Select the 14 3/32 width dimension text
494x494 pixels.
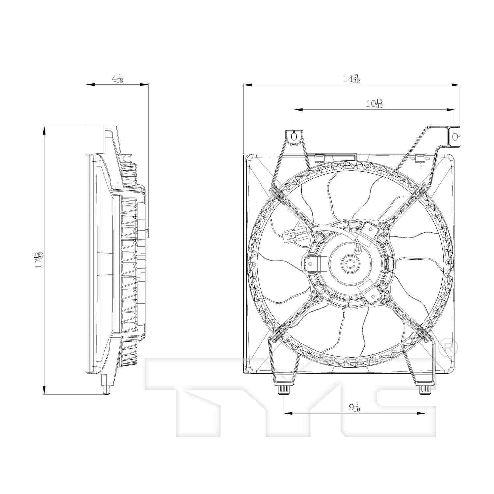point(351,79)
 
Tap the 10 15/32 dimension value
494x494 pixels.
point(374,104)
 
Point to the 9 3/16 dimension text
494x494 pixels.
point(355,407)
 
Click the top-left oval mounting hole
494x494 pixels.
point(294,136)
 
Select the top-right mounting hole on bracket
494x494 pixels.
point(454,136)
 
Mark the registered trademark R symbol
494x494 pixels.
point(449,346)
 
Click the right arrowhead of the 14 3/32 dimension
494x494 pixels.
point(456,85)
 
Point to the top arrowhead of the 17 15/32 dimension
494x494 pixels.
point(44,130)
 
